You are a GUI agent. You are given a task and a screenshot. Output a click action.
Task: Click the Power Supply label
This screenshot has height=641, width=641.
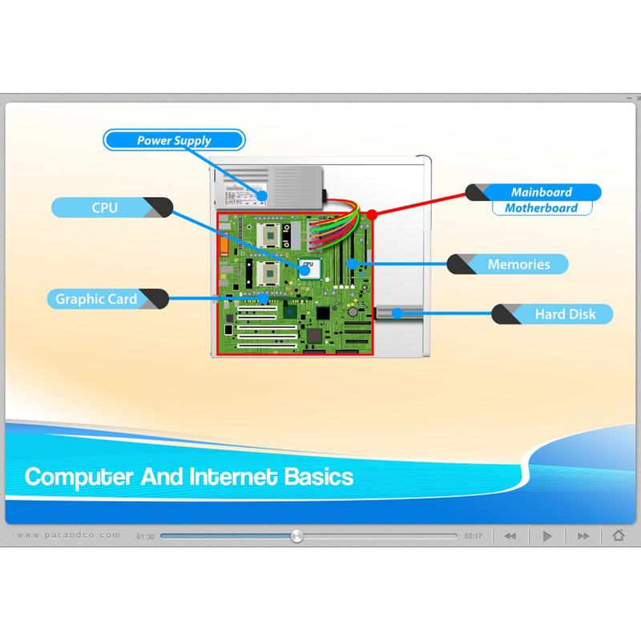174,140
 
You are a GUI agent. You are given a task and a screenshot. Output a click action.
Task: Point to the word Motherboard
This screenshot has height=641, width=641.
542,208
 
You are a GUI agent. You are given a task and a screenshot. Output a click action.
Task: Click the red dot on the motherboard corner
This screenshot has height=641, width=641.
372,215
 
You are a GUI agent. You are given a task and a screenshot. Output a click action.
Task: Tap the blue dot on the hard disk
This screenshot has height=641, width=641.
397,313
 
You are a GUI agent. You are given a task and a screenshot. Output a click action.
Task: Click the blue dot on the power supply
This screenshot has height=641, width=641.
262,196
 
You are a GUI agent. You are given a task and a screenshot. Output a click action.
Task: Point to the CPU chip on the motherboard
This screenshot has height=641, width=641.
309,268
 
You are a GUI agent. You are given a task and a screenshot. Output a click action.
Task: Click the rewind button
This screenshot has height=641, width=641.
510,536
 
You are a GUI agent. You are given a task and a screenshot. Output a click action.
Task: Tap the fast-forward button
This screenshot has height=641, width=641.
583,536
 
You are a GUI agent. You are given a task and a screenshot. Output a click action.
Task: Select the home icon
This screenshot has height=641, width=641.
619,534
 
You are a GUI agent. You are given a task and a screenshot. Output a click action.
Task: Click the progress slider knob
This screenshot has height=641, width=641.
297,536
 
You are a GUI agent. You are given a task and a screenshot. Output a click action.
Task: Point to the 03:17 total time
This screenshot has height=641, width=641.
473,536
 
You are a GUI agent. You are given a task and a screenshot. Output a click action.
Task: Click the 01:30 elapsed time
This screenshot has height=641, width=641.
146,537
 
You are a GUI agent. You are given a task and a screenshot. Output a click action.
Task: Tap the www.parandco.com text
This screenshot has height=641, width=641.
69,535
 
